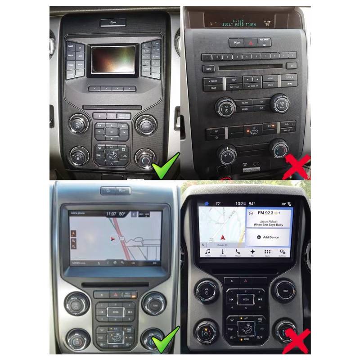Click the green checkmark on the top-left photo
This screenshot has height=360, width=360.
pyautogui.click(x=165, y=165)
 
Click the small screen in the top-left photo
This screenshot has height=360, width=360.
pyautogui.click(x=113, y=59)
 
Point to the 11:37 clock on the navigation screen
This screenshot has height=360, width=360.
pyautogui.click(x=111, y=214)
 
